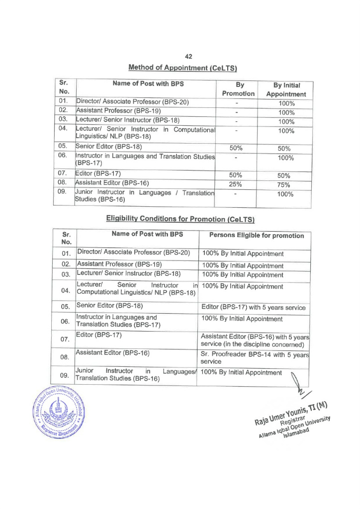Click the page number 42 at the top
[x=188, y=57]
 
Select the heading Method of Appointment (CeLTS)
[x=182, y=68]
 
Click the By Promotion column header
[x=238, y=89]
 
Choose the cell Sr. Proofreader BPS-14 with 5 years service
[x=254, y=358]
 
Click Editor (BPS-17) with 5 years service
[x=254, y=308]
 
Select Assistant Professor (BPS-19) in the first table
[x=118, y=111]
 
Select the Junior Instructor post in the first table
[x=144, y=196]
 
